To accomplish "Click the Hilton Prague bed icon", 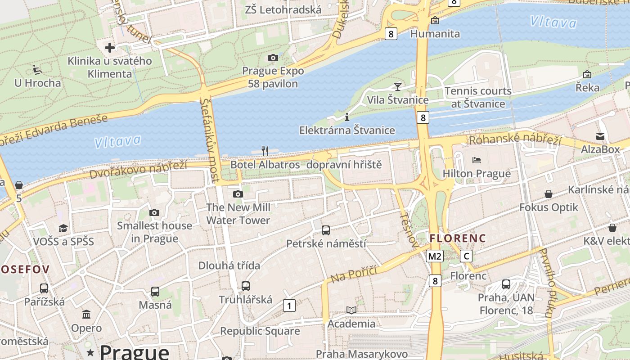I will pyautogui.click(x=477, y=160).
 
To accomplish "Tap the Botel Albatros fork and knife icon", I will pyautogui.click(x=265, y=151).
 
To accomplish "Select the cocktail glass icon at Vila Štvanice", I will pyautogui.click(x=397, y=86).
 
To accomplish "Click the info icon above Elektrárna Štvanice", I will pyautogui.click(x=346, y=117).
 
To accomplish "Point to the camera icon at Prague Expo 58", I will pyautogui.click(x=273, y=58).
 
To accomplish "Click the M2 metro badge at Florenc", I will pyautogui.click(x=435, y=256).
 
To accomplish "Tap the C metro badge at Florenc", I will pyautogui.click(x=466, y=256).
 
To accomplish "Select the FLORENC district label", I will pyautogui.click(x=458, y=238).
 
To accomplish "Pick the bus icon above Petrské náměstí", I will pyautogui.click(x=326, y=230).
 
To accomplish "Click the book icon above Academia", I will pyautogui.click(x=351, y=310).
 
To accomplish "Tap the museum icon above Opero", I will pyautogui.click(x=86, y=314).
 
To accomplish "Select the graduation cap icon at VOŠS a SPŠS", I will pyautogui.click(x=63, y=228).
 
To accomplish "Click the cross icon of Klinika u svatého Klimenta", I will pyautogui.click(x=110, y=47).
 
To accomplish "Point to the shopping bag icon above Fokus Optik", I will pyautogui.click(x=548, y=194).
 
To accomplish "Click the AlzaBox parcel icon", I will pyautogui.click(x=600, y=136).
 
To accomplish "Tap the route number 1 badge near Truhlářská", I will pyautogui.click(x=289, y=306).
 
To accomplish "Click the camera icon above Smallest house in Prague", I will pyautogui.click(x=154, y=212).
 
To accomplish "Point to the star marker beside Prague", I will pyautogui.click(x=90, y=351).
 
